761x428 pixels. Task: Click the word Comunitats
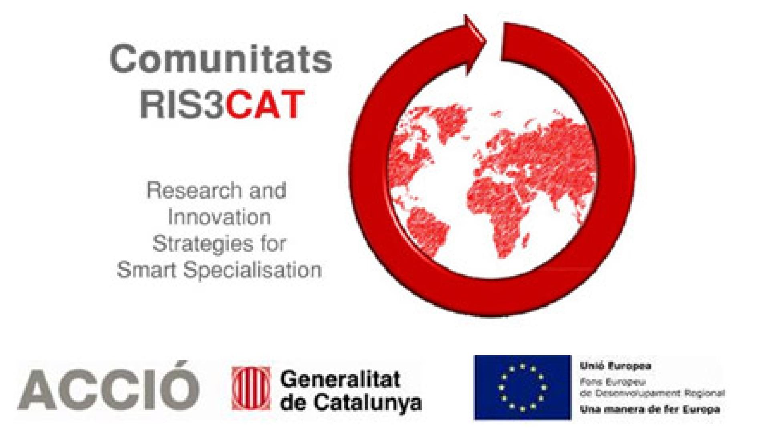pos(221,59)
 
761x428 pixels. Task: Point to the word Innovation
pos(219,217)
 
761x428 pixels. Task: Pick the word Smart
pos(147,270)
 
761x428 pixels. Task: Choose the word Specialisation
pos(253,271)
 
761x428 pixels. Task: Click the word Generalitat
pos(340,379)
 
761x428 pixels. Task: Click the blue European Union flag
pos(522,388)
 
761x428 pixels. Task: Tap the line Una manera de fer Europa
pos(650,410)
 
